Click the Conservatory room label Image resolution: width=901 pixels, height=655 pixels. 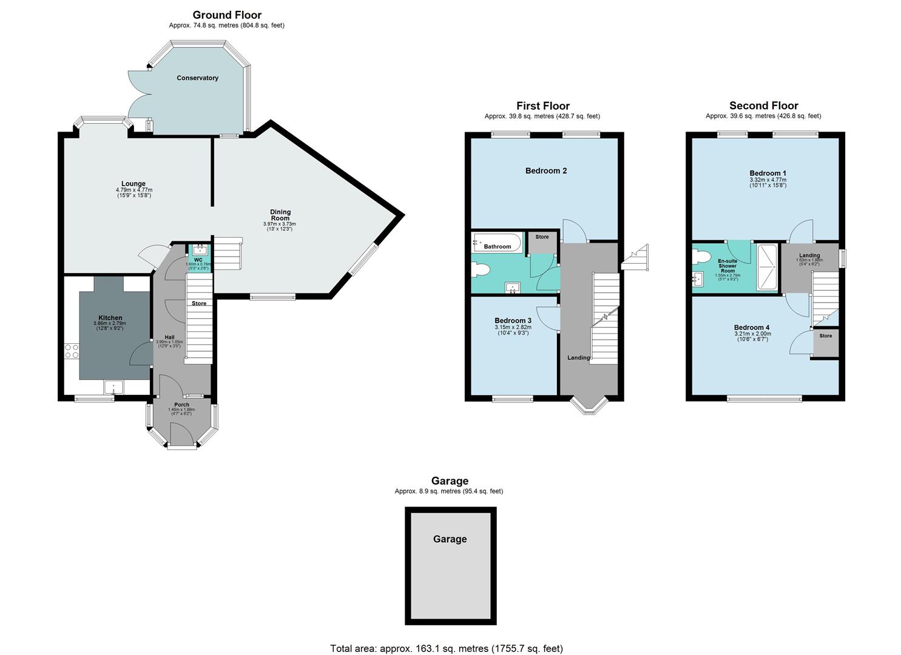[197, 78]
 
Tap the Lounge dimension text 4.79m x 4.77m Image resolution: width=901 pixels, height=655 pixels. [133, 190]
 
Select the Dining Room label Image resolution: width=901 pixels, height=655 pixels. [280, 215]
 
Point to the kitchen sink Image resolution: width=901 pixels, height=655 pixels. [113, 387]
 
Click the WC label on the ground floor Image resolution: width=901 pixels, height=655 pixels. [198, 260]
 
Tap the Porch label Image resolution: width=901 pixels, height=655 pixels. [181, 405]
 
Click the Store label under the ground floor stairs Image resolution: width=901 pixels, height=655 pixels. [199, 303]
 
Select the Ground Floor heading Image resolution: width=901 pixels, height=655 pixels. [227, 15]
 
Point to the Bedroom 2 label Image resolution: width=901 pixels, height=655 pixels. [546, 171]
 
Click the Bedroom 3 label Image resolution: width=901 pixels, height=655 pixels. [513, 321]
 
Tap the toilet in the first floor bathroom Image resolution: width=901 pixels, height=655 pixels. [482, 270]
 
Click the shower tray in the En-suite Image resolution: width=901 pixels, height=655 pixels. [767, 266]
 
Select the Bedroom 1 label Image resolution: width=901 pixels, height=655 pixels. [768, 173]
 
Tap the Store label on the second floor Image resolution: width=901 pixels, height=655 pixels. [826, 336]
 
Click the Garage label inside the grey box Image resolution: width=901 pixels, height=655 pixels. [450, 539]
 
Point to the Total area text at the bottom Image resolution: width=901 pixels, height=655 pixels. [446, 648]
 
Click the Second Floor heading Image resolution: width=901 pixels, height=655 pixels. [763, 106]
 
